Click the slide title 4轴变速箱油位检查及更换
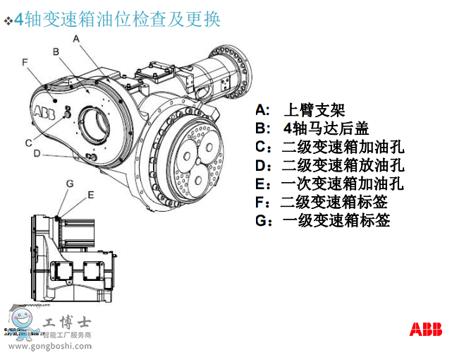click(117, 19)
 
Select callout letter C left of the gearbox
click(28, 143)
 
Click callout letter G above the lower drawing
click(70, 184)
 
